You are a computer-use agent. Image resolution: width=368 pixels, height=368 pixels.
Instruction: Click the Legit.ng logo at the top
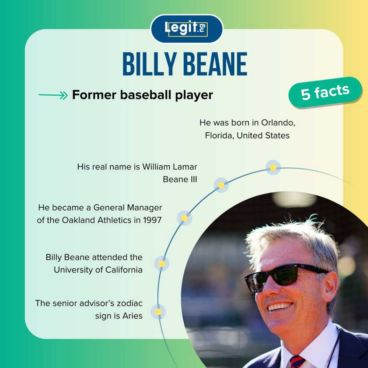[186, 29]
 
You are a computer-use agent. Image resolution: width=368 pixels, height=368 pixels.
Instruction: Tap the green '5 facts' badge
[325, 92]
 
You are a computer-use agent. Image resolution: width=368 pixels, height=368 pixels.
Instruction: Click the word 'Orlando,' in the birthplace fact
[278, 123]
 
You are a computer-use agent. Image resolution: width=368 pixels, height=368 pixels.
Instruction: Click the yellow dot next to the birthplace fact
[273, 167]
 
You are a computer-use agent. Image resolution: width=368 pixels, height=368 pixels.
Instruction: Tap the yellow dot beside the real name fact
[221, 185]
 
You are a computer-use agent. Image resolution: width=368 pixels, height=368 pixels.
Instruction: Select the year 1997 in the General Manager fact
[152, 220]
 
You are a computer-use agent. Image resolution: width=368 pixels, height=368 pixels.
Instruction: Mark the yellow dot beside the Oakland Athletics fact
[185, 218]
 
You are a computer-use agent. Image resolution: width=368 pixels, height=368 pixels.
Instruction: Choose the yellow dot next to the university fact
[162, 264]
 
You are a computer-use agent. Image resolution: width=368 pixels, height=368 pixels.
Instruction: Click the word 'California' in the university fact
[124, 270]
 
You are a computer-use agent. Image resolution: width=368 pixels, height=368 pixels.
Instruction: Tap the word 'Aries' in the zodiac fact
[132, 316]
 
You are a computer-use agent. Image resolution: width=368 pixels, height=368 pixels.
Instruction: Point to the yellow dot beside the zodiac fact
[158, 311]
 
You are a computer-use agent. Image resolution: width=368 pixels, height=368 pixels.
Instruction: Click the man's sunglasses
[283, 277]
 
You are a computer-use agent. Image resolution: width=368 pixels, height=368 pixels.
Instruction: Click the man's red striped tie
[297, 362]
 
